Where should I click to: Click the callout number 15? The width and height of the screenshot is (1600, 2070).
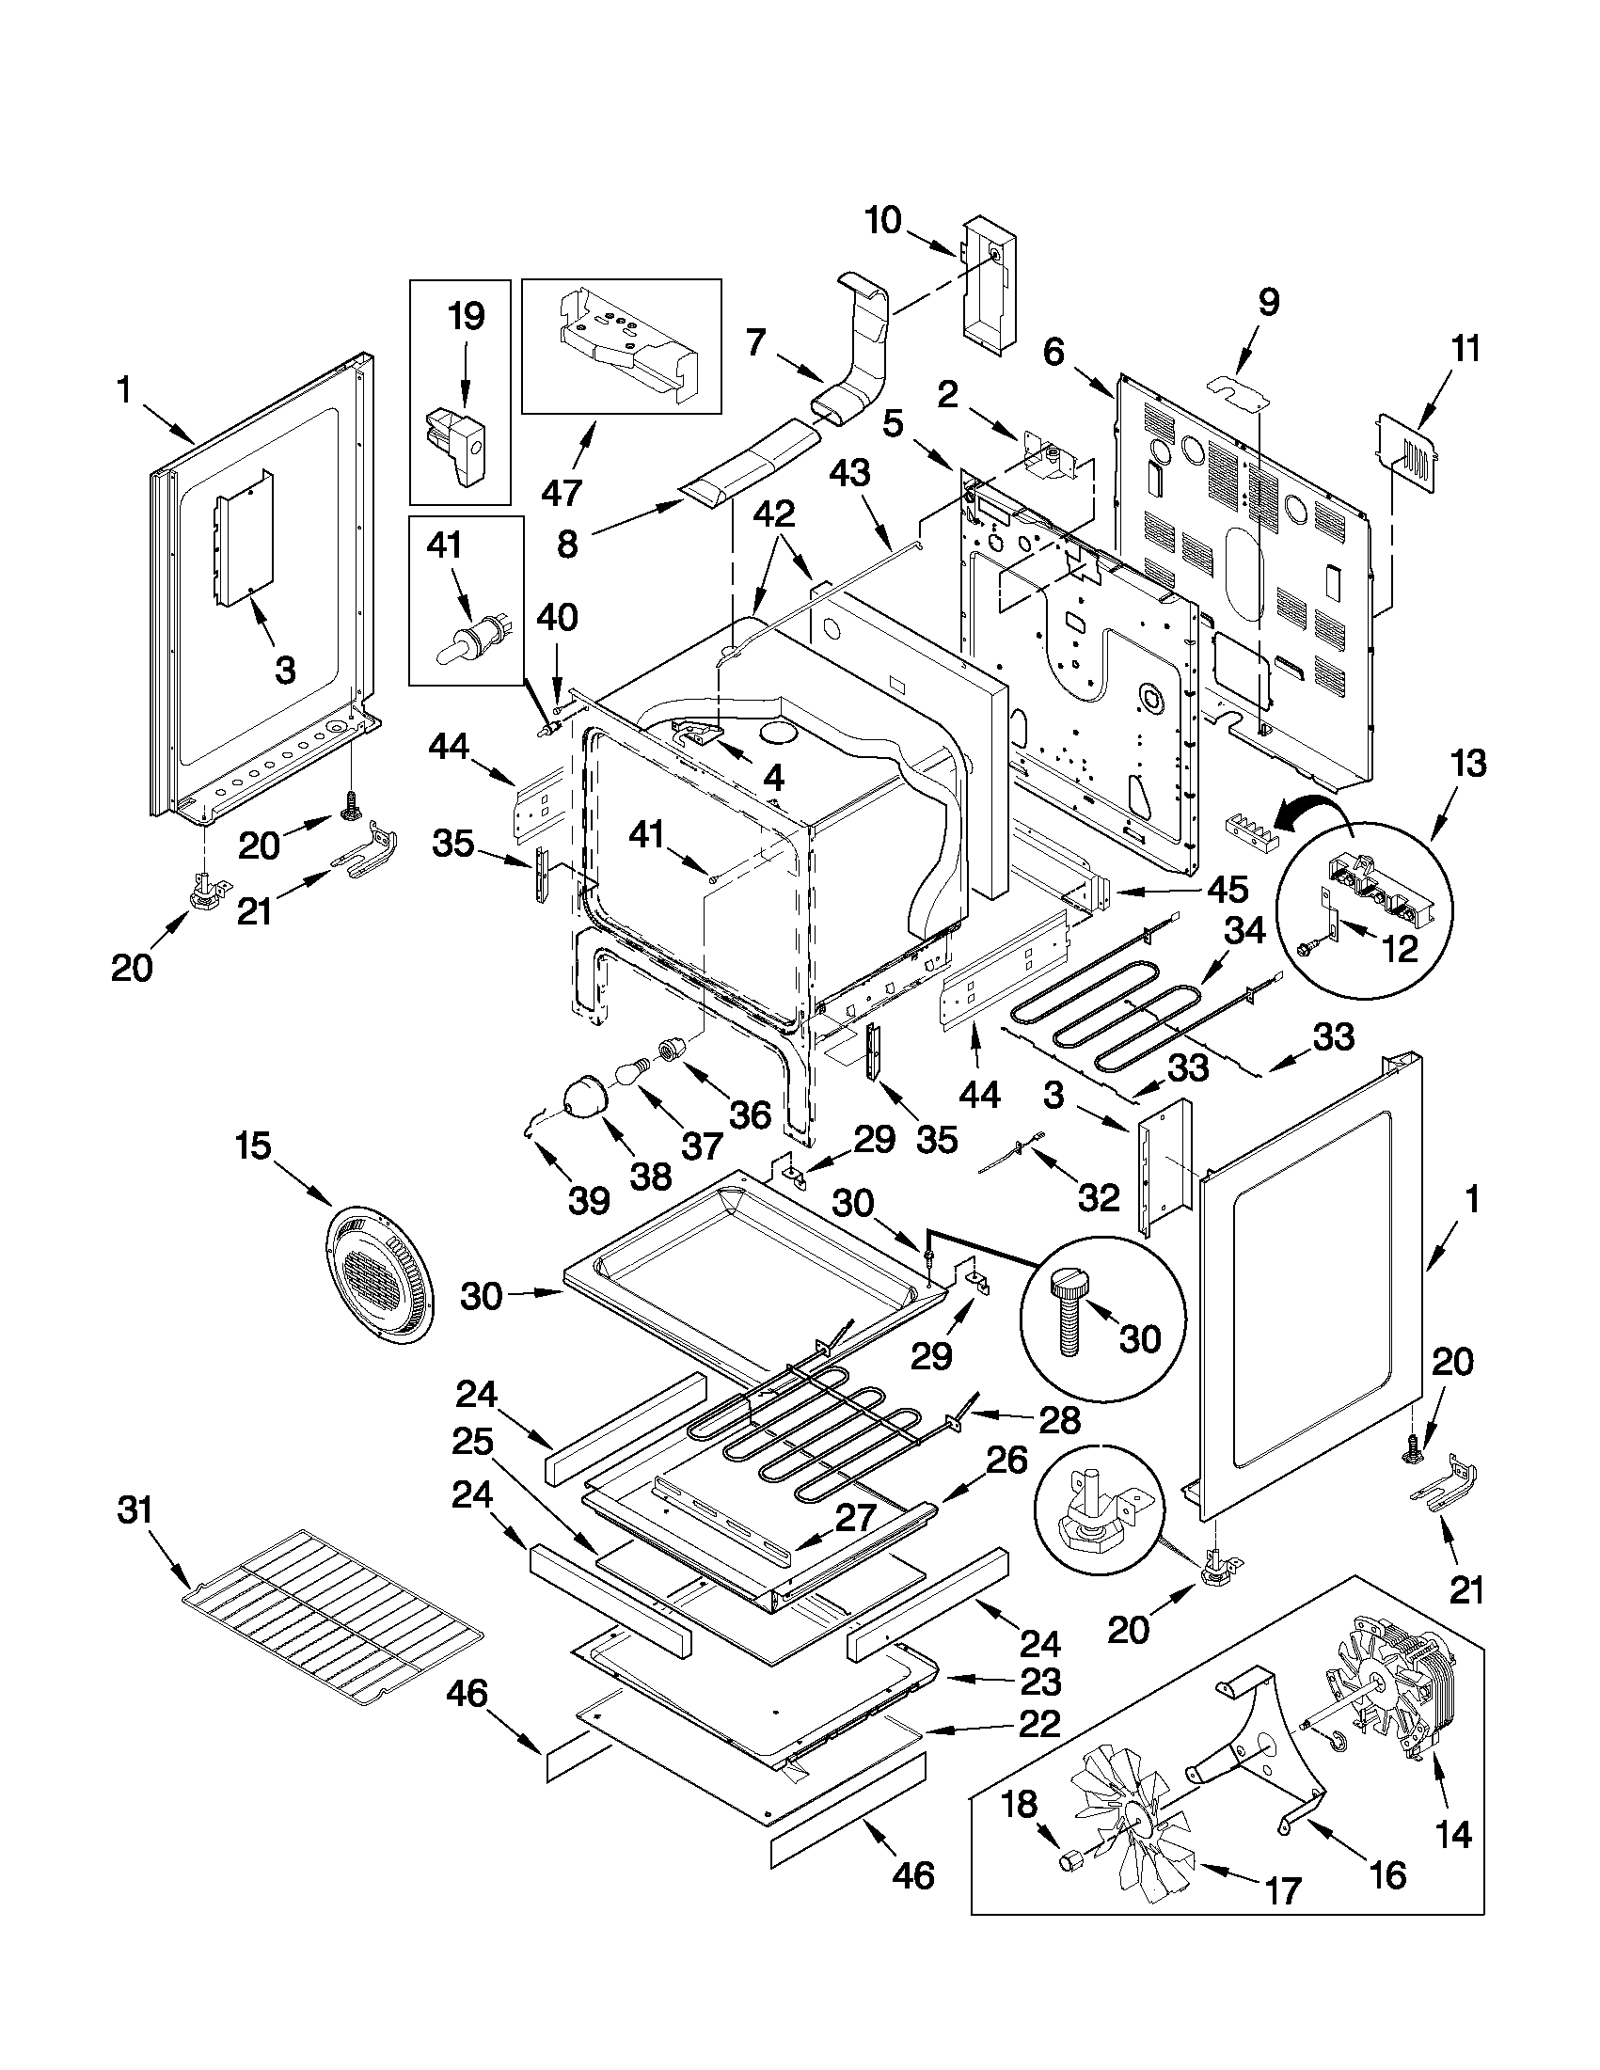(253, 1146)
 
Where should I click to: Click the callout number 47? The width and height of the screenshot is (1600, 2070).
(562, 493)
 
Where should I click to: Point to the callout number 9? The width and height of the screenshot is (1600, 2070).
(1268, 301)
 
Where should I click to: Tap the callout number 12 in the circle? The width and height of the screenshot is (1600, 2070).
(1399, 948)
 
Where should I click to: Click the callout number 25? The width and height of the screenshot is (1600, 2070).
(472, 1443)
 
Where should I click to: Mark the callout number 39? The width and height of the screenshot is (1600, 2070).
(588, 1201)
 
